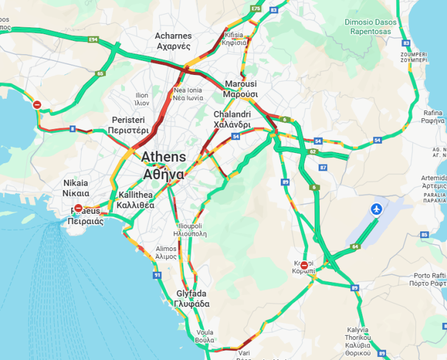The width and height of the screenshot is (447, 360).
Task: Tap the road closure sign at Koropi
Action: point(304,265)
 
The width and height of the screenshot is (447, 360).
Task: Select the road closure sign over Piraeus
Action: point(79,208)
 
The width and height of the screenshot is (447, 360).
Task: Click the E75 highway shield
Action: point(256,9)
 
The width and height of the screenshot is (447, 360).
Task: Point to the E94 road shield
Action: point(93,40)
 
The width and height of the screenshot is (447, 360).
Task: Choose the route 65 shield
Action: point(100,74)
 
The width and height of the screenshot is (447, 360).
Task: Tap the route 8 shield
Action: point(72,129)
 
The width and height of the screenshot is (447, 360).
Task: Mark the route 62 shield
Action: point(313,151)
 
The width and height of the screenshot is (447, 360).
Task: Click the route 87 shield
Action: point(323,167)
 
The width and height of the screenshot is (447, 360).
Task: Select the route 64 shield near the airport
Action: point(355,247)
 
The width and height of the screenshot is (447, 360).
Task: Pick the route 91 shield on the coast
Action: point(158,276)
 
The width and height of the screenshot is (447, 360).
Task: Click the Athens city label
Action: point(164,165)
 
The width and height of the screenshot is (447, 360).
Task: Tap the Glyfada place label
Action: point(192,298)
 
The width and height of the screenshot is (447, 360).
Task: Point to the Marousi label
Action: point(241,89)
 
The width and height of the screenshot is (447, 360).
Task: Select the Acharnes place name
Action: point(174,41)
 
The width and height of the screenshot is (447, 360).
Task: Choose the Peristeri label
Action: point(128,125)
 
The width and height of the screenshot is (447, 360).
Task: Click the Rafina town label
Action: point(433,117)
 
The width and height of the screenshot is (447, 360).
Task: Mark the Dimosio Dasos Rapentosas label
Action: point(370,26)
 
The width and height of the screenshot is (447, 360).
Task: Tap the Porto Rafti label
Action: point(430,280)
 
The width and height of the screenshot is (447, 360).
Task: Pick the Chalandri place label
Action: point(232,119)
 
